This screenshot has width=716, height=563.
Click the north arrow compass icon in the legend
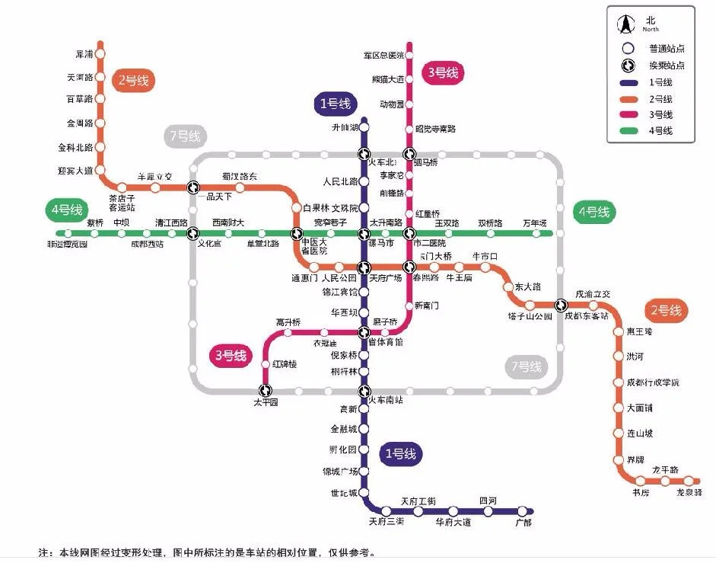625,24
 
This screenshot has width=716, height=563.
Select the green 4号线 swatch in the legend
628,132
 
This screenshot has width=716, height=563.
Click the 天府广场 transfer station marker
364,267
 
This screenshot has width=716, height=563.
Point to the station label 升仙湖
344,128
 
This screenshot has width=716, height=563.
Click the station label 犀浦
84,54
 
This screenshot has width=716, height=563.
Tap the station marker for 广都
523,511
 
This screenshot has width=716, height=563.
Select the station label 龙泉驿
689,493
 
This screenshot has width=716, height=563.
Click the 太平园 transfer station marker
266,391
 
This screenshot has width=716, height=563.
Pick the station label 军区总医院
383,56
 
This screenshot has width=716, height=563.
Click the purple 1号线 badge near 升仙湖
335,104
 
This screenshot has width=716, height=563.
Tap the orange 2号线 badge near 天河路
133,80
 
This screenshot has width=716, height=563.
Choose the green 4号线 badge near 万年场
594,212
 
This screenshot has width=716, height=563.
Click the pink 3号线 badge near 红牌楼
231,355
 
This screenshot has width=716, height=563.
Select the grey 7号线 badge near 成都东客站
527,367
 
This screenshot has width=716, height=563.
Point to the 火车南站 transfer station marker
364,391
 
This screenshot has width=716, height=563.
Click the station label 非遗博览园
67,245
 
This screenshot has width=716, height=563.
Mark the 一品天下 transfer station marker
193,187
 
